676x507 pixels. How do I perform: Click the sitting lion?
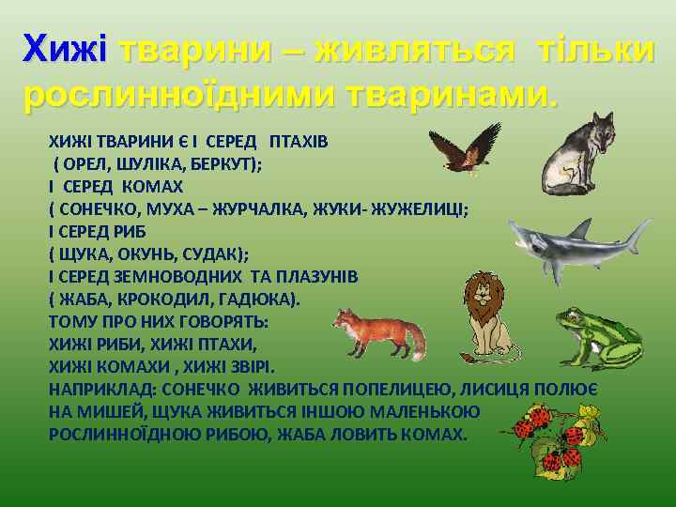[488, 315]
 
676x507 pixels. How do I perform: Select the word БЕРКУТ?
[225, 163]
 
